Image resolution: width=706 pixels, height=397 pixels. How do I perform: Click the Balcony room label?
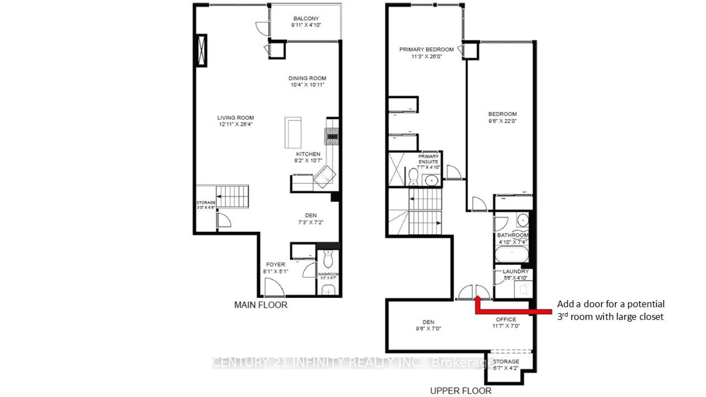pos(306,19)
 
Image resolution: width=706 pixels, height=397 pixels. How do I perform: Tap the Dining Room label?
pos(307,78)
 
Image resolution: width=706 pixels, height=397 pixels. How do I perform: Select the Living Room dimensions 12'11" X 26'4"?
pos(235,124)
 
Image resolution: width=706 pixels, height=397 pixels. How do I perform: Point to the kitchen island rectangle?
pos(293,133)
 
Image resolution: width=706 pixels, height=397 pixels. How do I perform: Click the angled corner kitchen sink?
pos(325,177)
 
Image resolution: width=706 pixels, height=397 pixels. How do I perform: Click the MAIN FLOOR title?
pos(261,305)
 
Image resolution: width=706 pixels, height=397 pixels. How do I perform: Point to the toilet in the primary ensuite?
pos(413,176)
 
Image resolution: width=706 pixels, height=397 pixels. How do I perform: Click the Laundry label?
pos(516,271)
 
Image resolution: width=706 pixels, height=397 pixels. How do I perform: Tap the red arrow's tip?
pos(477,297)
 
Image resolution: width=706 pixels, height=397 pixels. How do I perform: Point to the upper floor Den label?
pos(428,322)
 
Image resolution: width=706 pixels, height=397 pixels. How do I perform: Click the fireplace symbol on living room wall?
pos(202,50)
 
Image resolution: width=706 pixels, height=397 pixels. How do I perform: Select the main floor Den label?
pos(311,216)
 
